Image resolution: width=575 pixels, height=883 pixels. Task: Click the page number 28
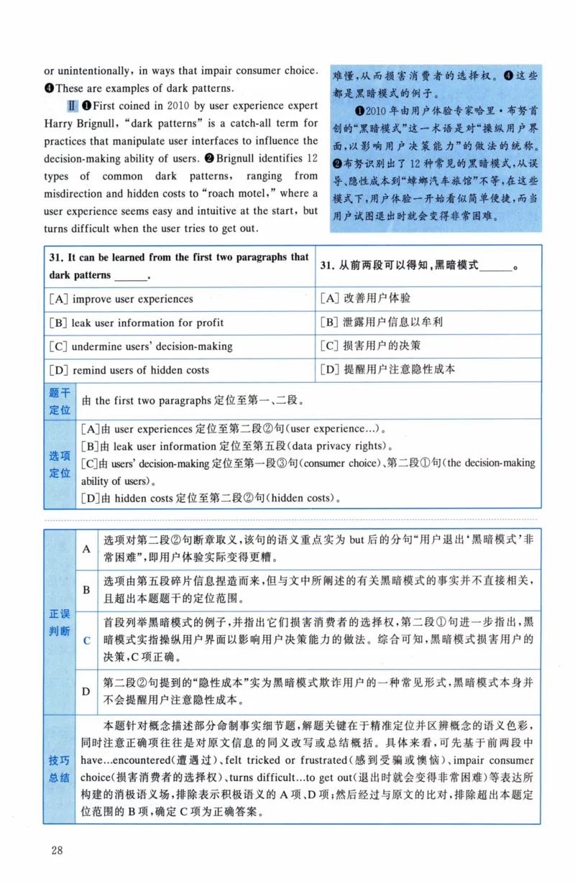(57, 851)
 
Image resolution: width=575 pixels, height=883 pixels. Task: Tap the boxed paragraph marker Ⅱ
(72, 106)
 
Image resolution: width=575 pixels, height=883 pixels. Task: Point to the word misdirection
(76, 193)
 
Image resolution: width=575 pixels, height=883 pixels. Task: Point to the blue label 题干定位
(60, 401)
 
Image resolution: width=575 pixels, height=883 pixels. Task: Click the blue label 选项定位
(60, 464)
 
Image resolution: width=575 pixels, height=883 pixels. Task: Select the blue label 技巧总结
(60, 769)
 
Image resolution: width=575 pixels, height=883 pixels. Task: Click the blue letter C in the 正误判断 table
(86, 640)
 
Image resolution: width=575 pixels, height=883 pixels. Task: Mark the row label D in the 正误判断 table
(86, 691)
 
